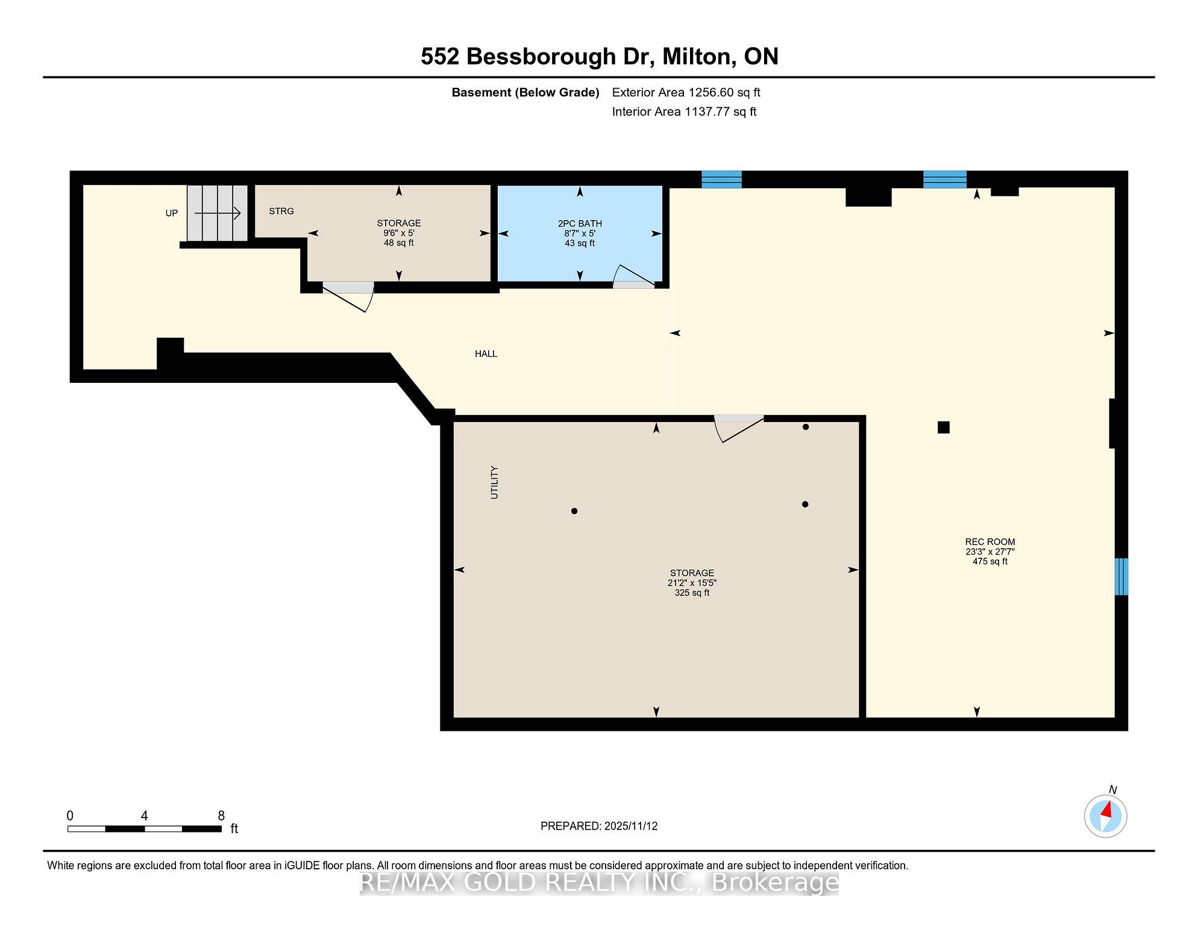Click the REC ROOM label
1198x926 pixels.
[990, 541]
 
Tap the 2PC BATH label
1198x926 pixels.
[580, 224]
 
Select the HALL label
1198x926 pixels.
[486, 354]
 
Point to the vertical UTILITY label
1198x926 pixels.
[495, 482]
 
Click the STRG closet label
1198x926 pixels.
[281, 211]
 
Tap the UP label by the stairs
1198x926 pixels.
[172, 213]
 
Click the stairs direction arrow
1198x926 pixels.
[218, 213]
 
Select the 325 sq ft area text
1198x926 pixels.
[692, 593]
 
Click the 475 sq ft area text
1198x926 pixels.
[990, 561]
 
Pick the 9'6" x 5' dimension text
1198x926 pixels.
[398, 233]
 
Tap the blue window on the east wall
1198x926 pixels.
[1121, 576]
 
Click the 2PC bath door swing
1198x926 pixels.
[633, 276]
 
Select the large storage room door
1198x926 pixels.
[738, 427]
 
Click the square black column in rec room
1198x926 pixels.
[944, 427]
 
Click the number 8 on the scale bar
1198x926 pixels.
[221, 816]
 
